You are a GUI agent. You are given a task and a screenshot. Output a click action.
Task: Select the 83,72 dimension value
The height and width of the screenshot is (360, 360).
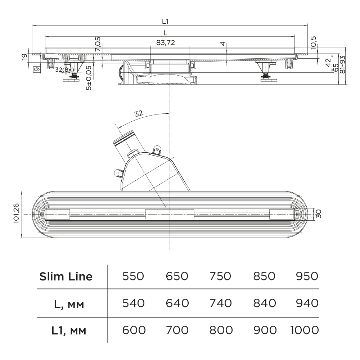point(166,42)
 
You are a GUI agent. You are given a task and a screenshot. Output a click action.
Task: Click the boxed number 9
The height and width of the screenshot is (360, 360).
point(37,69)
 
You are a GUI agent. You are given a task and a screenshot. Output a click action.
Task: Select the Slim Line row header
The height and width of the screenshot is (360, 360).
point(66,276)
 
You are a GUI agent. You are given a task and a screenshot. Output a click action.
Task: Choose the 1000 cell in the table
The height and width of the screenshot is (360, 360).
point(304,329)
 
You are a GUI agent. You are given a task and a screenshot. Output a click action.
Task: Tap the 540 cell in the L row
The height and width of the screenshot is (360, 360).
point(133,303)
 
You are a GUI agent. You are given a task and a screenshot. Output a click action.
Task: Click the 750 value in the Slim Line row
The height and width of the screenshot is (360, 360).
point(220,276)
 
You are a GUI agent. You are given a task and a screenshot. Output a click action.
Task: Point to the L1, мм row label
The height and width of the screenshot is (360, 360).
point(68,330)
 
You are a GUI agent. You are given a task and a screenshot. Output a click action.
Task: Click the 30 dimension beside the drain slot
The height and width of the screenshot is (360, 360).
point(318,214)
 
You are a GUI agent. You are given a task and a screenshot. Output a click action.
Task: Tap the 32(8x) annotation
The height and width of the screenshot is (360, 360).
point(65,69)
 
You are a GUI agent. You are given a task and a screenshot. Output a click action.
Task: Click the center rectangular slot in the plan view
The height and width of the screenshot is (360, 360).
point(170,214)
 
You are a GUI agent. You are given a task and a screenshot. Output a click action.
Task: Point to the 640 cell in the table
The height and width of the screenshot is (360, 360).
point(177,303)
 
